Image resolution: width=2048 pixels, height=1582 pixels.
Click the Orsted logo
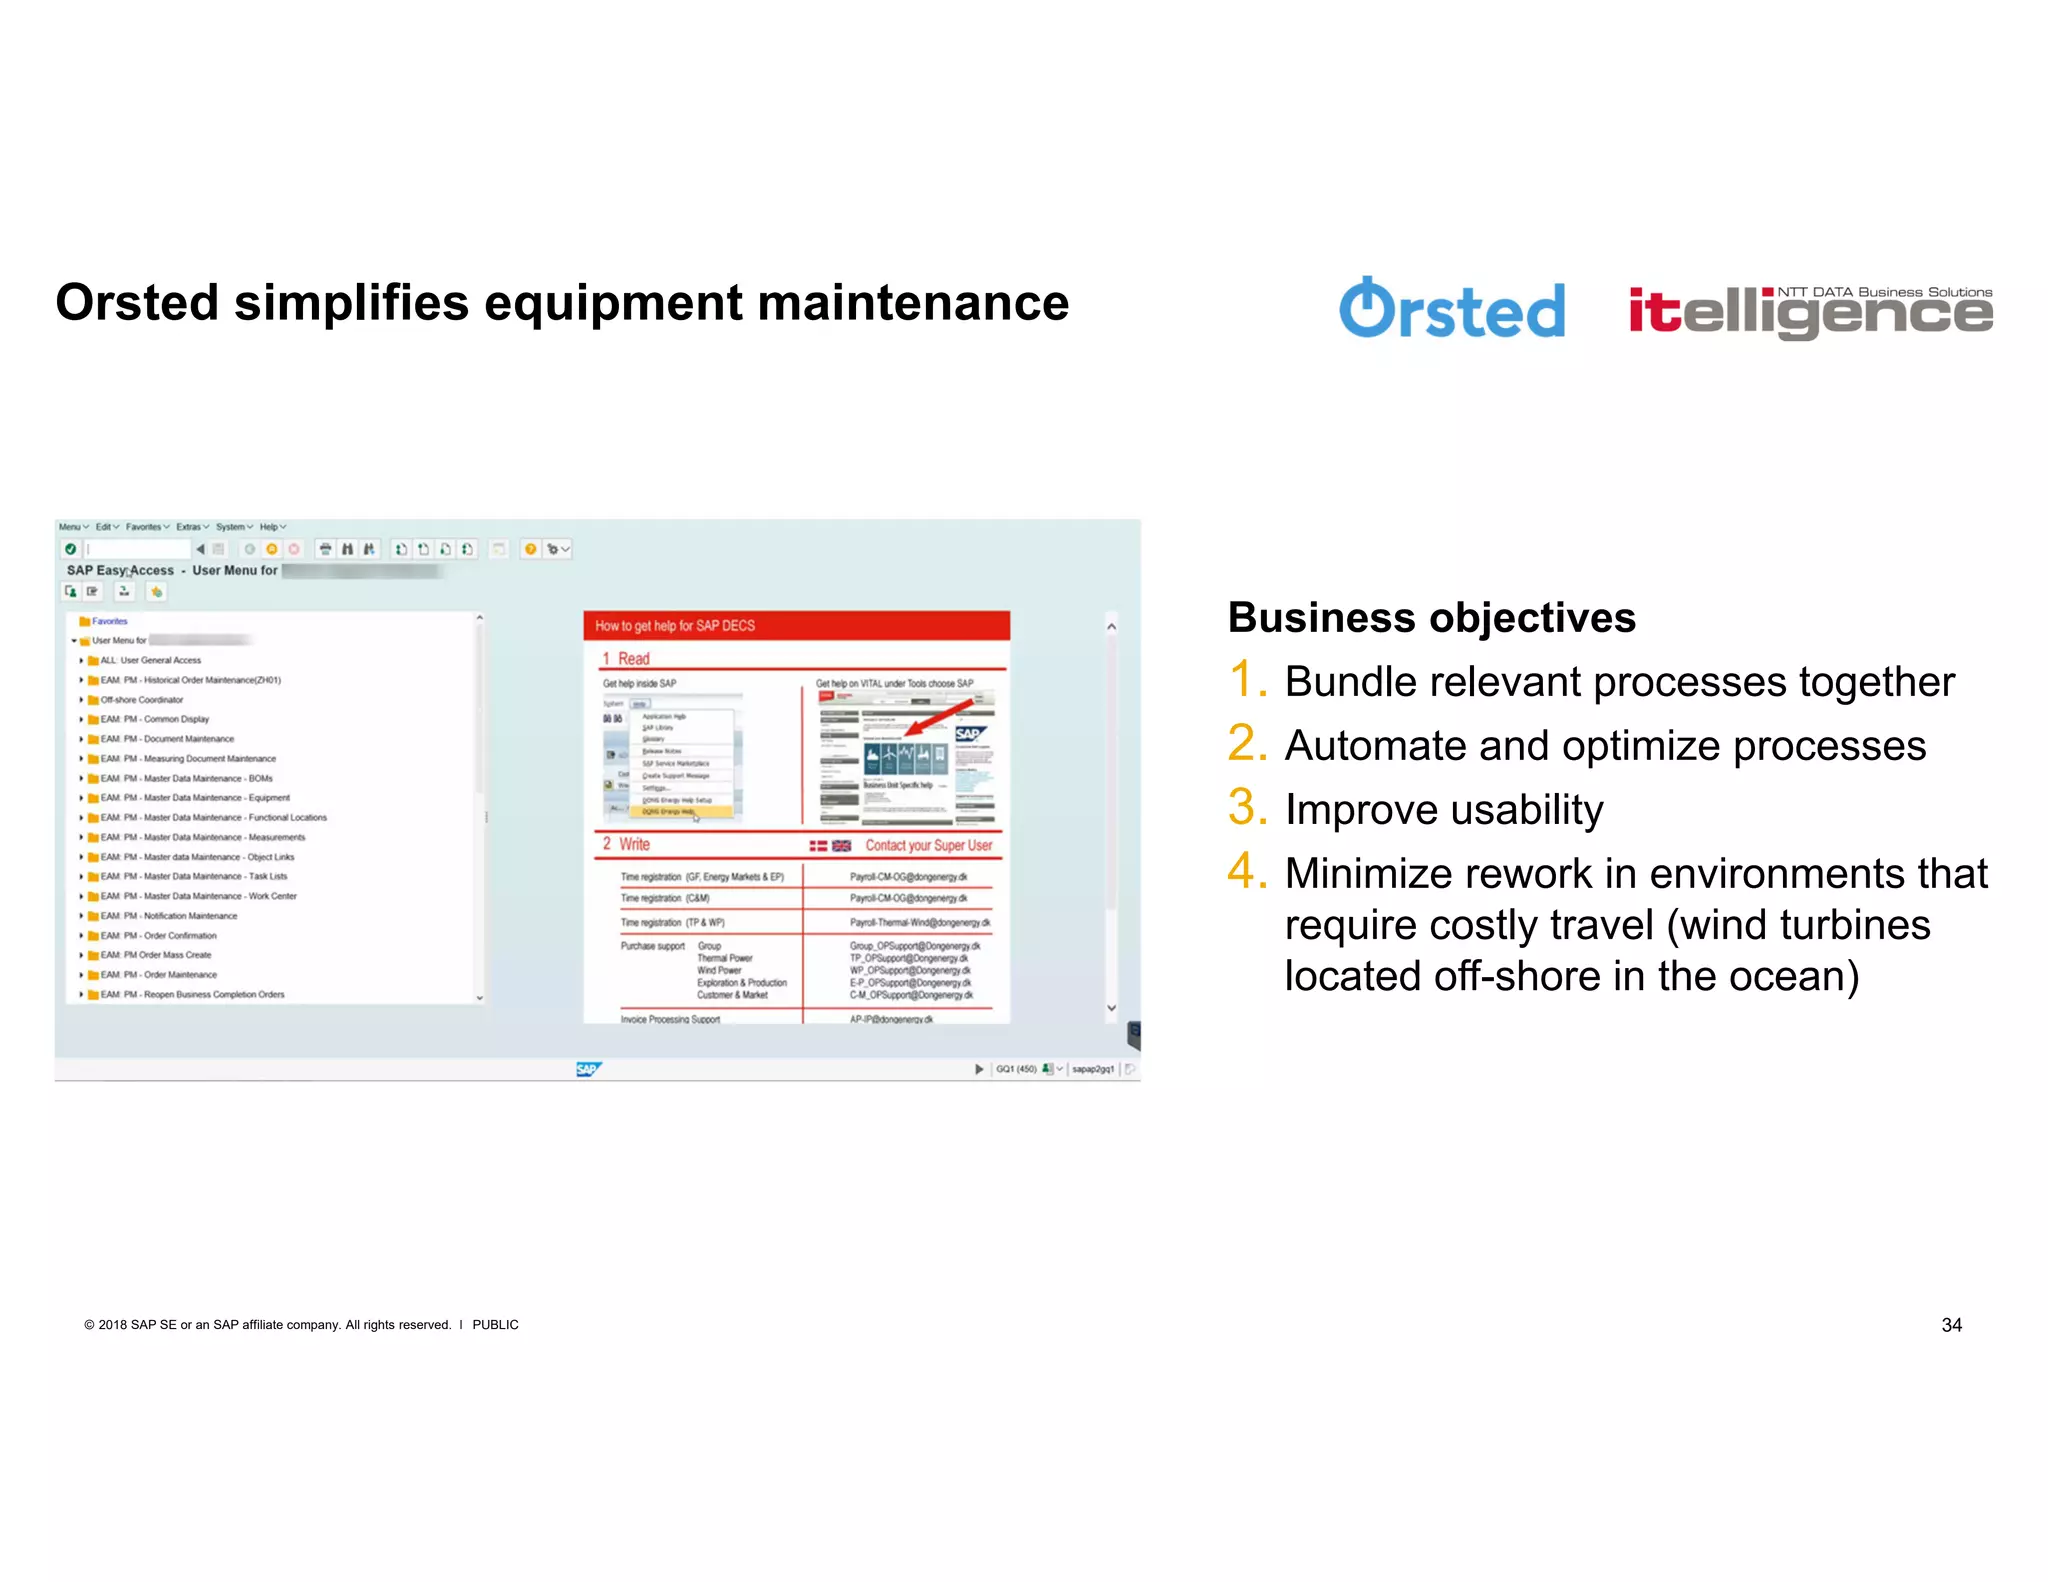point(1451,309)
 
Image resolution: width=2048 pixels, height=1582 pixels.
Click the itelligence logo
point(1810,312)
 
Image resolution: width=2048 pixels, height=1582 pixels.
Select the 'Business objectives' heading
point(1431,618)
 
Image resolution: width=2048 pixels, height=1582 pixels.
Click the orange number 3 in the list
point(1247,808)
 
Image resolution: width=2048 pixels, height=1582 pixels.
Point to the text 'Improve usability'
point(1443,810)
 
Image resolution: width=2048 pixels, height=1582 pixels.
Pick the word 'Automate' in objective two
point(1375,746)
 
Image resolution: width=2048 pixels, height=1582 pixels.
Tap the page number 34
point(1951,1325)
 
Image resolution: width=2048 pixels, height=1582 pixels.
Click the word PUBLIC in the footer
point(495,1325)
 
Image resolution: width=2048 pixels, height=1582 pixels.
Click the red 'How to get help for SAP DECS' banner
point(796,626)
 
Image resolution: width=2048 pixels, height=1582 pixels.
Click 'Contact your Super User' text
point(928,845)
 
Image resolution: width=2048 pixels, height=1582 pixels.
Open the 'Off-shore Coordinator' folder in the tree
point(141,700)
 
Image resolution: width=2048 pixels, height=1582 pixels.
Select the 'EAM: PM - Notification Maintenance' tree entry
point(168,916)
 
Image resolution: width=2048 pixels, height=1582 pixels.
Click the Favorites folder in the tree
point(108,621)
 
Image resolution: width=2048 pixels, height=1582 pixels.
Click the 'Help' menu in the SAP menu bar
point(269,527)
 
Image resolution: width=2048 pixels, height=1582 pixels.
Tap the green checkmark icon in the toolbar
point(70,549)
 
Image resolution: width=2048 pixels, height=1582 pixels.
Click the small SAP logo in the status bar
point(588,1069)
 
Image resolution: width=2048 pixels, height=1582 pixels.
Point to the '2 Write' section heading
point(627,844)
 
